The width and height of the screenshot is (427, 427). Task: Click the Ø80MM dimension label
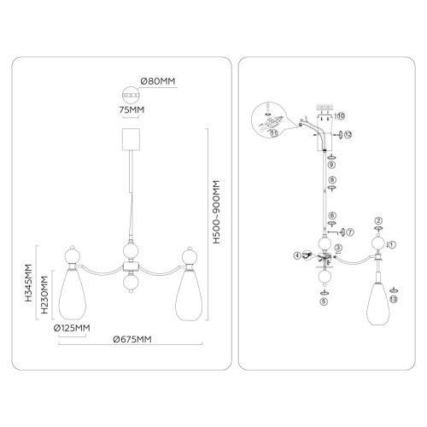(158, 81)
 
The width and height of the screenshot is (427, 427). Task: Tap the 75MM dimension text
(132, 109)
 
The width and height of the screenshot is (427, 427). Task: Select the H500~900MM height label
(217, 212)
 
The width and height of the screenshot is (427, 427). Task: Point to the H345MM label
(28, 283)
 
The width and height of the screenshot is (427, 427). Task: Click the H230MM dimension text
(44, 295)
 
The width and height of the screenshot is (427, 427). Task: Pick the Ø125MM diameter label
(72, 328)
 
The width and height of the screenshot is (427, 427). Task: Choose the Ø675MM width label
(132, 339)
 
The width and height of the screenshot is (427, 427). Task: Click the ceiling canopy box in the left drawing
(131, 139)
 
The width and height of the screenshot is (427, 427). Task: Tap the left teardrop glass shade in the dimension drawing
(73, 295)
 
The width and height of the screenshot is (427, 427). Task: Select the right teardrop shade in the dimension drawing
(189, 295)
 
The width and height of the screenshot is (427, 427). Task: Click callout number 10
(341, 116)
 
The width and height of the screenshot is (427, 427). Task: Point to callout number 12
(348, 135)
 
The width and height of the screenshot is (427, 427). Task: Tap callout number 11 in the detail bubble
(273, 132)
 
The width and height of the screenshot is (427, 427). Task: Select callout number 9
(332, 165)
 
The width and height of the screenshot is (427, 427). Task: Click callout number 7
(350, 232)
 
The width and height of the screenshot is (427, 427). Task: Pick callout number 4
(297, 255)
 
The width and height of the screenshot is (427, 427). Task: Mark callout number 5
(325, 301)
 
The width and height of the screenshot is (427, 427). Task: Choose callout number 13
(394, 299)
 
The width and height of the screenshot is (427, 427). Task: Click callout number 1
(392, 244)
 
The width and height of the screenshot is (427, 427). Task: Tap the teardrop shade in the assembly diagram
(378, 303)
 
